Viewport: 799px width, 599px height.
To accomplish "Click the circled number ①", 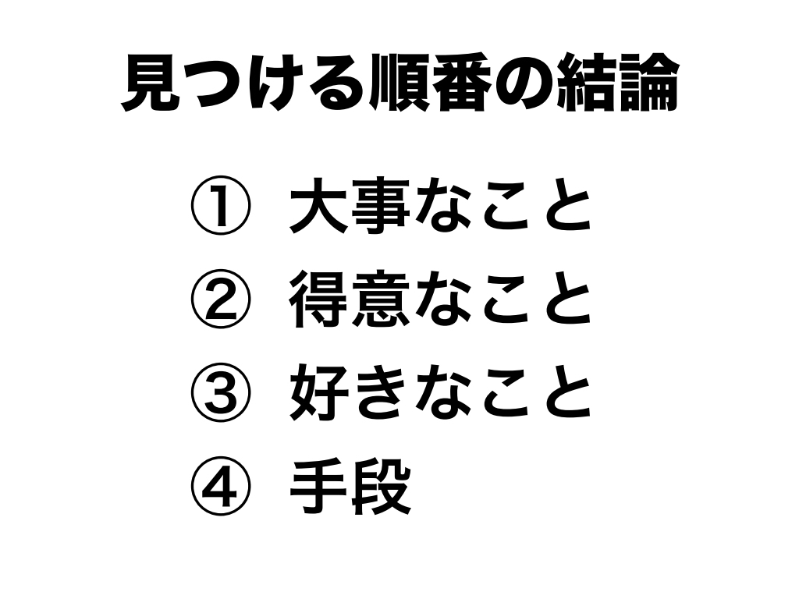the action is coord(221,205).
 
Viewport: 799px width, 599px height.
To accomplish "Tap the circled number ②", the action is coord(221,299).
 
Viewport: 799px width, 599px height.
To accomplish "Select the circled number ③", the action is coord(221,393).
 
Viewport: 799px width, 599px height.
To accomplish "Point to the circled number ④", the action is coord(221,487).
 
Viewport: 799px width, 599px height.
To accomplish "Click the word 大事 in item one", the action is coord(350,205).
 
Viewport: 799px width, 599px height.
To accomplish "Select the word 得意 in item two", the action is coord(350,299).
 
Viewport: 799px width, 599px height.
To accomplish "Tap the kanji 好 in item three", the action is coord(319,393).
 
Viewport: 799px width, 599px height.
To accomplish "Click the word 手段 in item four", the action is coord(350,487).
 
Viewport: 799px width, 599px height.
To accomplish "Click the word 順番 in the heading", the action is coord(431,83).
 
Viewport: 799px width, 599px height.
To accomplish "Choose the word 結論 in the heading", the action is coord(617,83).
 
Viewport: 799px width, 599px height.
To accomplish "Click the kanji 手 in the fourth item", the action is coord(319,487).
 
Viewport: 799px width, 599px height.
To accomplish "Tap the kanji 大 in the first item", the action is coord(319,205).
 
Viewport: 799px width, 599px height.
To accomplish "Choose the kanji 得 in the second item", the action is coord(319,299).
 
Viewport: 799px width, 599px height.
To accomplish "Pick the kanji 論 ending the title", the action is coord(648,83).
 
